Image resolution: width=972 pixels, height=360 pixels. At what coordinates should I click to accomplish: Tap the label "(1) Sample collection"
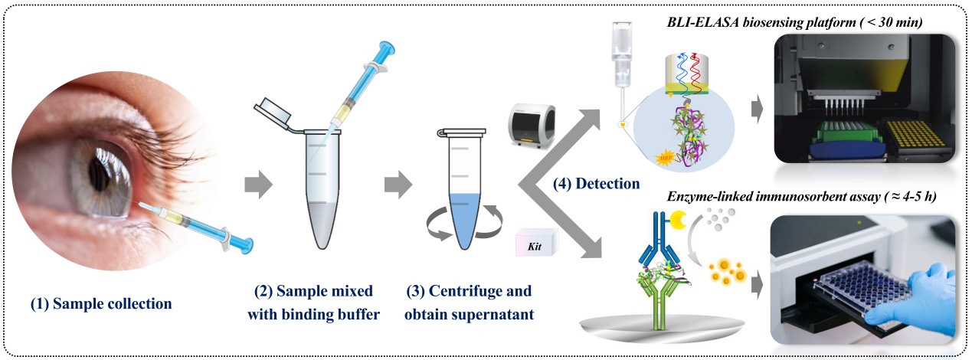tap(101, 303)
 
